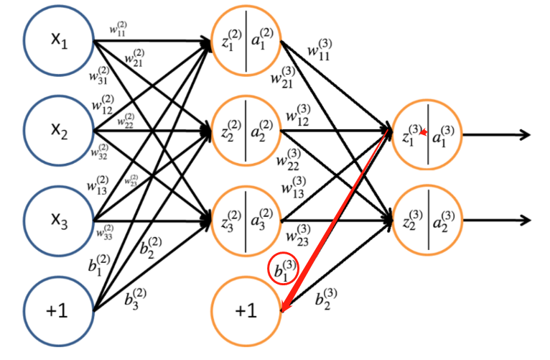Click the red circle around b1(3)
284,270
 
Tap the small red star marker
424,132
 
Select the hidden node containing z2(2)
246,132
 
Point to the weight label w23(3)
299,235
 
